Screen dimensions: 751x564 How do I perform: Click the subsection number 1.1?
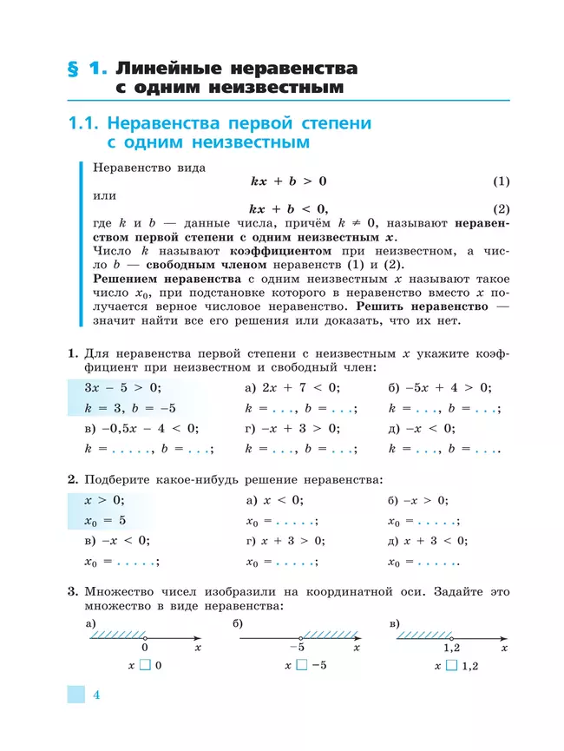[x=87, y=123]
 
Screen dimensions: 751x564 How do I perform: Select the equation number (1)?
[x=501, y=181]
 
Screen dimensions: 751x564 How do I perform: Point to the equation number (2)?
[x=501, y=208]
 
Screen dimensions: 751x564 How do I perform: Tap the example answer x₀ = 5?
[x=105, y=520]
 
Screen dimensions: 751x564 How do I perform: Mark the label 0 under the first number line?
[x=145, y=648]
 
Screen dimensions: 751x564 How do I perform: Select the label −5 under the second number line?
[x=296, y=648]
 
